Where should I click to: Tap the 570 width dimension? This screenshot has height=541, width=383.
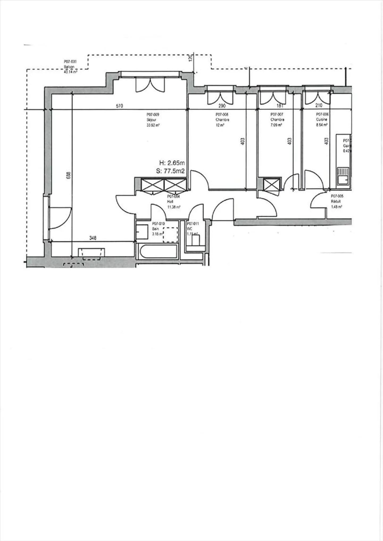coord(119,106)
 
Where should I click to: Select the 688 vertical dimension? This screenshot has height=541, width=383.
coord(69,175)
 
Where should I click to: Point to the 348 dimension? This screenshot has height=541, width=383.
coord(93,238)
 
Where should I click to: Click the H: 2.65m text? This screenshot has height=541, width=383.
coord(172,163)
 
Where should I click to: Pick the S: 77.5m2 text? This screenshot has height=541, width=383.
coord(170,171)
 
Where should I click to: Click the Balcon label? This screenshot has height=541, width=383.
coord(69,67)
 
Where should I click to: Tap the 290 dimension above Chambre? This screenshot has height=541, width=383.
coord(222,106)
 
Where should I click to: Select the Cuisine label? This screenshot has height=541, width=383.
coord(321,120)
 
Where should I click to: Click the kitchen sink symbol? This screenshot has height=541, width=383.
coord(343,176)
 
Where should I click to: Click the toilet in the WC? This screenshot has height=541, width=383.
coord(196,241)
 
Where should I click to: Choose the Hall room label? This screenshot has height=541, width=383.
coord(170,202)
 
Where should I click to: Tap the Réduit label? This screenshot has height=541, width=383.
coord(336,202)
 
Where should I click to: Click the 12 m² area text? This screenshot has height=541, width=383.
coord(219,125)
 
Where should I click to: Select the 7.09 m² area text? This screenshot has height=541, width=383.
coord(276,125)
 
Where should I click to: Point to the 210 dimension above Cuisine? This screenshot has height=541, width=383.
coord(319,106)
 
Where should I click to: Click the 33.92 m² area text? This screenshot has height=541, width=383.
coord(153,125)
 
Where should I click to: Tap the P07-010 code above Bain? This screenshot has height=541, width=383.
coord(158,224)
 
